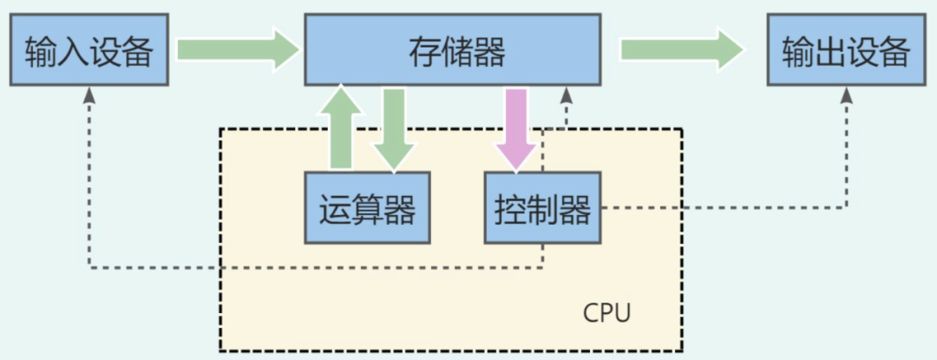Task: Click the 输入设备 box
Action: click(88, 53)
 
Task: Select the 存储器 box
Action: click(454, 52)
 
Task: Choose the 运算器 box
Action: click(367, 208)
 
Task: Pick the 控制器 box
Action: click(542, 208)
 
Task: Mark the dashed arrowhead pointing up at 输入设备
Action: click(88, 95)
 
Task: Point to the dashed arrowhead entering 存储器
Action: click(567, 94)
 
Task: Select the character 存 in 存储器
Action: click(423, 53)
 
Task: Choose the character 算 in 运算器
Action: click(367, 209)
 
